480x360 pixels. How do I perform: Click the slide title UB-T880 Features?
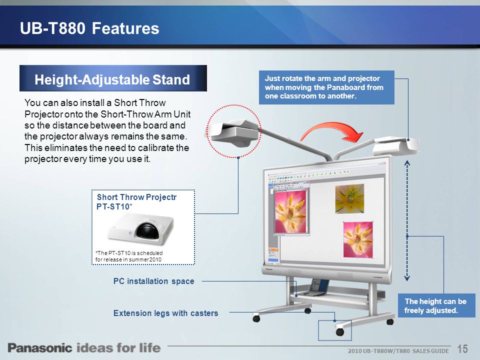pos(89,28)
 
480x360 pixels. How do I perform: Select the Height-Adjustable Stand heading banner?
pos(112,79)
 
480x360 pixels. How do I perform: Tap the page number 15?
pos(462,348)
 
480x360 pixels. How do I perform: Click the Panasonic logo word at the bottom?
pos(39,348)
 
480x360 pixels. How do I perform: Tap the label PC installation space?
pos(153,281)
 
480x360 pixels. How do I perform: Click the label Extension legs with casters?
pos(165,313)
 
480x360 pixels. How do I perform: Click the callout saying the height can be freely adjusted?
pos(435,306)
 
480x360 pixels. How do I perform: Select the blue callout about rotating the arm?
pos(326,87)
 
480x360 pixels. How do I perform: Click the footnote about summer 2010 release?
pos(129,256)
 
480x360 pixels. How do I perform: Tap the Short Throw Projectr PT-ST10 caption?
pos(136,201)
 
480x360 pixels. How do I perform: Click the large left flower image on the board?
pos(292,210)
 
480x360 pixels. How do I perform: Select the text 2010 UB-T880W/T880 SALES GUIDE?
pos(398,351)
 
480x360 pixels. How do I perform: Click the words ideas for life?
pos(118,348)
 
